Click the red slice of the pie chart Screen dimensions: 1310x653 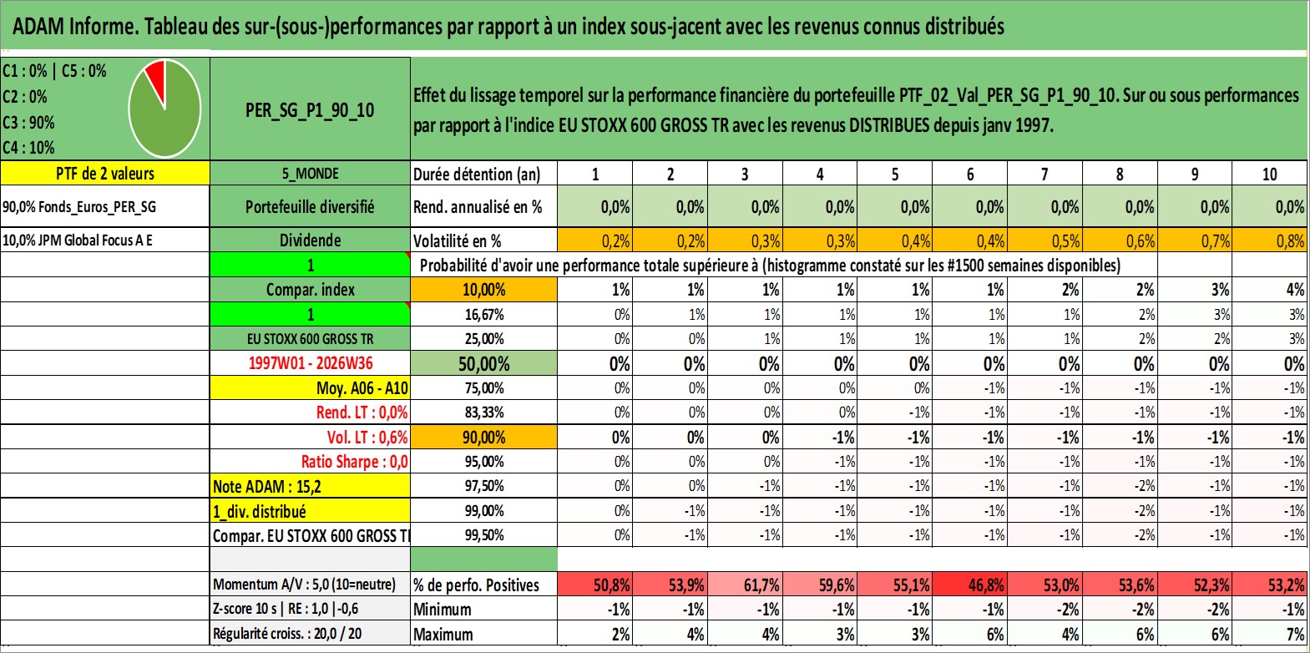click(x=157, y=76)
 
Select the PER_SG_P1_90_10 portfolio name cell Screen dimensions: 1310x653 click(x=310, y=109)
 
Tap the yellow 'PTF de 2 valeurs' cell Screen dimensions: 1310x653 click(x=105, y=173)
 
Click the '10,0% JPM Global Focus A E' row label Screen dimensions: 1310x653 click(x=77, y=240)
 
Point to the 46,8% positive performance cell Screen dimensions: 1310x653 click(x=969, y=584)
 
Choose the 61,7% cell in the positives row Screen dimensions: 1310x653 click(x=745, y=584)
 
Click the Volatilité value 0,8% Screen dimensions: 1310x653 click(x=1270, y=240)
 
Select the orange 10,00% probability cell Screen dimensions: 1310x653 click(x=484, y=290)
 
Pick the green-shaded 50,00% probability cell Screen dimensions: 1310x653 click(x=484, y=363)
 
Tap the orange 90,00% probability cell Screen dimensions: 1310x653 click(x=484, y=437)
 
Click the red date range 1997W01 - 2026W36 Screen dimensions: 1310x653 click(x=311, y=362)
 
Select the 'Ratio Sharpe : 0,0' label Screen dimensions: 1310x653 click(x=354, y=462)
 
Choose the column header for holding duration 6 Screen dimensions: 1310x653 click(x=969, y=174)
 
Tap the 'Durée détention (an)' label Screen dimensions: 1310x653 click(x=477, y=174)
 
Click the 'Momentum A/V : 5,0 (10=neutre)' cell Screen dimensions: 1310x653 click(x=304, y=584)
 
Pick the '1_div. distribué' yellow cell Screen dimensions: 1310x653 click(x=310, y=511)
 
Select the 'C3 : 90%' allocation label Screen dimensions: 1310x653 click(x=28, y=122)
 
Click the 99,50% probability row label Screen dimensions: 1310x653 click(x=484, y=534)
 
